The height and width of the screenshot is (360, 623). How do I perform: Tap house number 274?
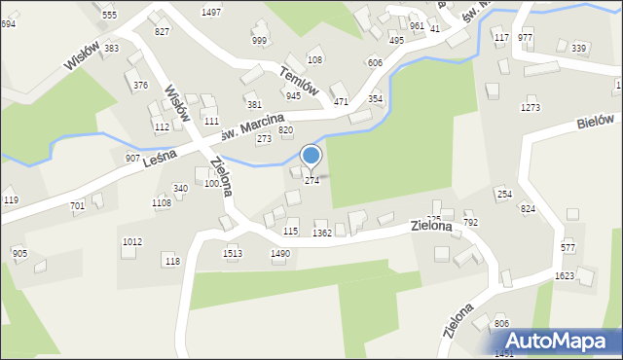click(311, 180)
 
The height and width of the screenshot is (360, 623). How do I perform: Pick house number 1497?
click(210, 12)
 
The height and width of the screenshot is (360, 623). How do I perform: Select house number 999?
click(259, 40)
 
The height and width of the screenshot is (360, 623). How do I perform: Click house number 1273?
click(530, 108)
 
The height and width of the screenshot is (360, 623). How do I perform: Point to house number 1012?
click(131, 241)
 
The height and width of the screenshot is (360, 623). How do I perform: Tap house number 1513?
click(232, 253)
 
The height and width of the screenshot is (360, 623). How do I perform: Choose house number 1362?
click(322, 234)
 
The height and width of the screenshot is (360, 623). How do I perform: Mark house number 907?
click(132, 158)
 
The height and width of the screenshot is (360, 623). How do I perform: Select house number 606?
click(375, 62)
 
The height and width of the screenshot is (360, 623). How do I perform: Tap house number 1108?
click(161, 202)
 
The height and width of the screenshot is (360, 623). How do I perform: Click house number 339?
click(578, 48)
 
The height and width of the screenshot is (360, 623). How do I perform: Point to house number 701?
click(77, 206)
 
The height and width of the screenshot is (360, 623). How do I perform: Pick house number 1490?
click(280, 253)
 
